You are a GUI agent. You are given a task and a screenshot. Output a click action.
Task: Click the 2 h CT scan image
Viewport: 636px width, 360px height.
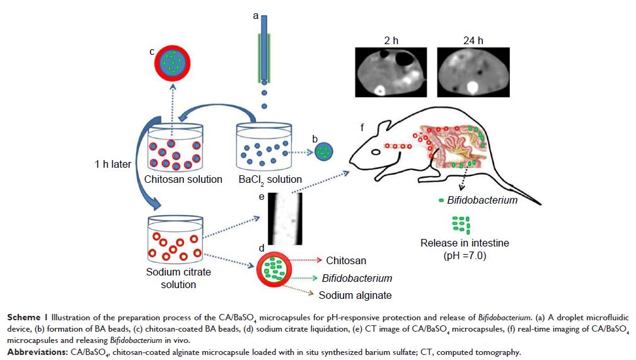[391, 73]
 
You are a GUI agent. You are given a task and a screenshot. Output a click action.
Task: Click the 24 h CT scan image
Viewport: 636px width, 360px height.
[466, 73]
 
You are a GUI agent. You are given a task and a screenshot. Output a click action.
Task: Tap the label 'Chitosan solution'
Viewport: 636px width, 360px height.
[183, 179]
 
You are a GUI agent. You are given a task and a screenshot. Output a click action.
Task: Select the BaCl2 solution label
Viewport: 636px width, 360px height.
[272, 180]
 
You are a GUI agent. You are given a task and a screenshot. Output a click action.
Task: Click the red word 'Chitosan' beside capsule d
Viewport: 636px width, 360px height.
[346, 260]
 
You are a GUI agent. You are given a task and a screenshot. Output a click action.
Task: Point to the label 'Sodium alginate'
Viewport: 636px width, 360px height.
[355, 295]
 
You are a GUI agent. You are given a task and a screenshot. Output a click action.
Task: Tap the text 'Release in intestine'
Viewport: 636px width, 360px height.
[465, 243]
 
